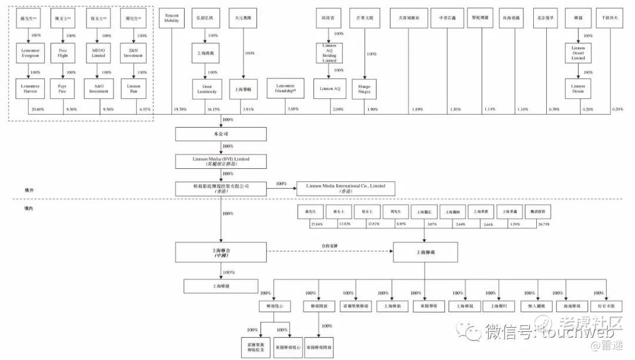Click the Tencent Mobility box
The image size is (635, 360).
[172, 18]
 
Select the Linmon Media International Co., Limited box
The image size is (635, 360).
[346, 188]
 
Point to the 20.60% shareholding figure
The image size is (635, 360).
[37, 109]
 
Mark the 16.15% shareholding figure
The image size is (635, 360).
[212, 109]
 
